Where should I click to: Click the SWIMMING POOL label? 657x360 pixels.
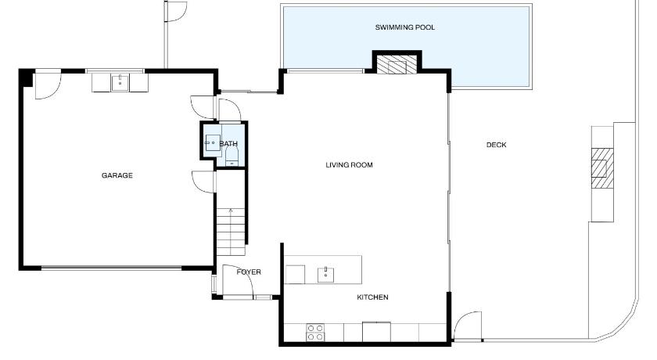coord(405,27)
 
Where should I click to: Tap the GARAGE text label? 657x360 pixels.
coord(117,175)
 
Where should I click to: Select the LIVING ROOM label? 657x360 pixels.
coord(349,165)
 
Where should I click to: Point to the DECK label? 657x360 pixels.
coord(497,145)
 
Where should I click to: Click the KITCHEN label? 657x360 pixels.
coord(372,297)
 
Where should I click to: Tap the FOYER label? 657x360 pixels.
coord(249,272)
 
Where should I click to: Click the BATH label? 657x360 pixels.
coord(228,144)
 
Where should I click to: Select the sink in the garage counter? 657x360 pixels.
coord(120,83)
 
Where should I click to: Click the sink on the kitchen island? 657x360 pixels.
coord(325,275)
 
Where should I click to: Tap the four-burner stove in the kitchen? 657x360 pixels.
coord(315,333)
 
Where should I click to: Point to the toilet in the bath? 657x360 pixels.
coord(232,156)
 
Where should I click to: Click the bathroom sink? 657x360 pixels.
coord(213,143)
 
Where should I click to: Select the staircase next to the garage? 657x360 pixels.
coord(231,232)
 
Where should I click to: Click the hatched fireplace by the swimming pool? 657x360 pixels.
coord(397,64)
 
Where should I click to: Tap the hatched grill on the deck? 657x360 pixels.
coord(602,168)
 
